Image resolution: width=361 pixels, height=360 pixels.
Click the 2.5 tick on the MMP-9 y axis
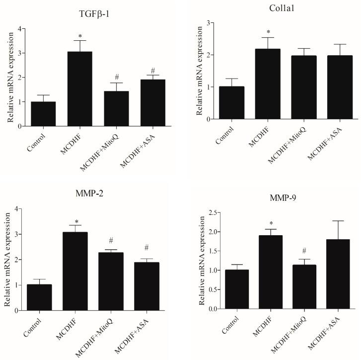pos(208,213)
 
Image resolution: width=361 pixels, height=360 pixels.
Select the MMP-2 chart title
pos(87,195)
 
